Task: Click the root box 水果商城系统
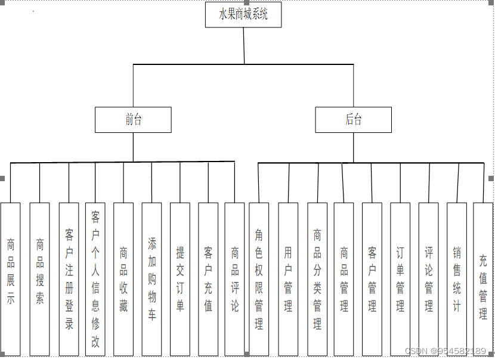pyautogui.click(x=243, y=15)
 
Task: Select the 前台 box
pyautogui.click(x=133, y=120)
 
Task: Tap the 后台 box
pyautogui.click(x=354, y=120)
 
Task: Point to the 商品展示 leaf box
pyautogui.click(x=11, y=279)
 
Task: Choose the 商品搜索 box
pyautogui.click(x=39, y=279)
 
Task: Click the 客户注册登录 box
pyautogui.click(x=69, y=279)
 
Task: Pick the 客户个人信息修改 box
pyautogui.click(x=95, y=279)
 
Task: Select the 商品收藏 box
pyautogui.click(x=123, y=279)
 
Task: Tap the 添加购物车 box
pyautogui.click(x=151, y=279)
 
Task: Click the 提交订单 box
pyautogui.click(x=180, y=279)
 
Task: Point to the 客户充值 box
pyautogui.click(x=208, y=279)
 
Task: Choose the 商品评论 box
pyautogui.click(x=235, y=279)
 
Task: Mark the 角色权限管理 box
pyautogui.click(x=259, y=279)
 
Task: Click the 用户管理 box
pyautogui.click(x=288, y=279)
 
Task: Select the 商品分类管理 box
pyautogui.click(x=317, y=279)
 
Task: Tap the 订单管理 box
pyautogui.click(x=400, y=279)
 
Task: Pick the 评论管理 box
pyautogui.click(x=428, y=279)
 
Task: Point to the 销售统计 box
pyautogui.click(x=457, y=279)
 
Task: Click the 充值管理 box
pyautogui.click(x=483, y=279)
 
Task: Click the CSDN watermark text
pyautogui.click(x=445, y=352)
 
